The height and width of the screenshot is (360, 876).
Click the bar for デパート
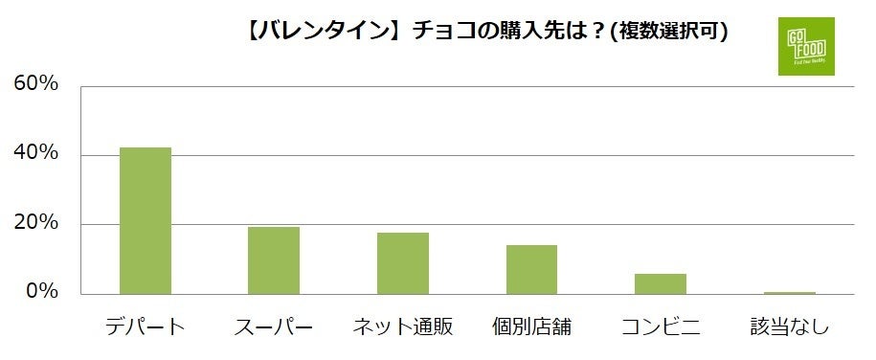145,220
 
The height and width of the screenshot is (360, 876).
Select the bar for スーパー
274,260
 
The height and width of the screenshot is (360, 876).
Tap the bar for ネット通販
402,263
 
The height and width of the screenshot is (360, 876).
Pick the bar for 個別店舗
531,270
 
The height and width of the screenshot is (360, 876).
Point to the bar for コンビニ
661,283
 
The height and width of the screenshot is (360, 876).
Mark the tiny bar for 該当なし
789,292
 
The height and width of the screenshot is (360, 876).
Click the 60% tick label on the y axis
36,84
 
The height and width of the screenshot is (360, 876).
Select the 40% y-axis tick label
36,154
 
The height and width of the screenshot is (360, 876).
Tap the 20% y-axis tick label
36,224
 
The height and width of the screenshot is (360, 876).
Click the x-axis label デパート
145,328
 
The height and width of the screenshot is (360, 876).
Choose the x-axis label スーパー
274,328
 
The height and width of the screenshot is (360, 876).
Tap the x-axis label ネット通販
402,328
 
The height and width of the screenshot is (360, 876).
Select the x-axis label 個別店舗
531,328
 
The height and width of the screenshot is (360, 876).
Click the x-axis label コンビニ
661,328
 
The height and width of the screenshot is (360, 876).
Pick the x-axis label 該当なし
789,328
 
